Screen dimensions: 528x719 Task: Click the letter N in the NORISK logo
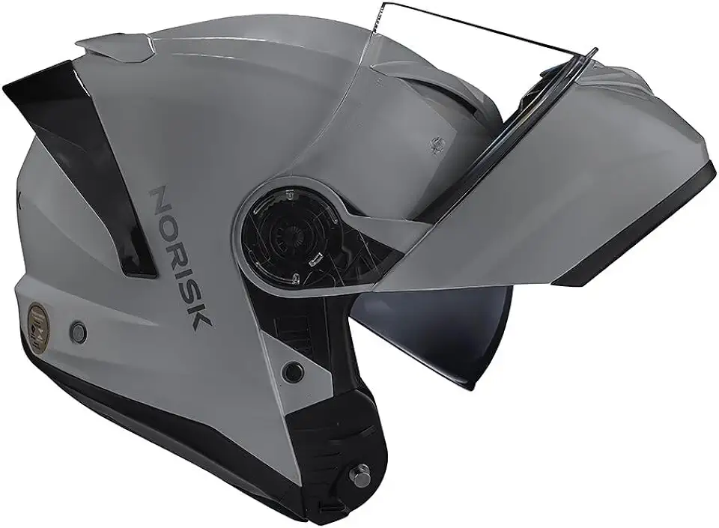pos(163,200)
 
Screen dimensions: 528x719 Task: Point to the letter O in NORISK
pos(170,225)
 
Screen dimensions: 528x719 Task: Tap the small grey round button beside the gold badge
pos(77,332)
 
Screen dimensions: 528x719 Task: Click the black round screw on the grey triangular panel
pos(293,371)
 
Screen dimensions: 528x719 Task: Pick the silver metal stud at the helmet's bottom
pos(360,473)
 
